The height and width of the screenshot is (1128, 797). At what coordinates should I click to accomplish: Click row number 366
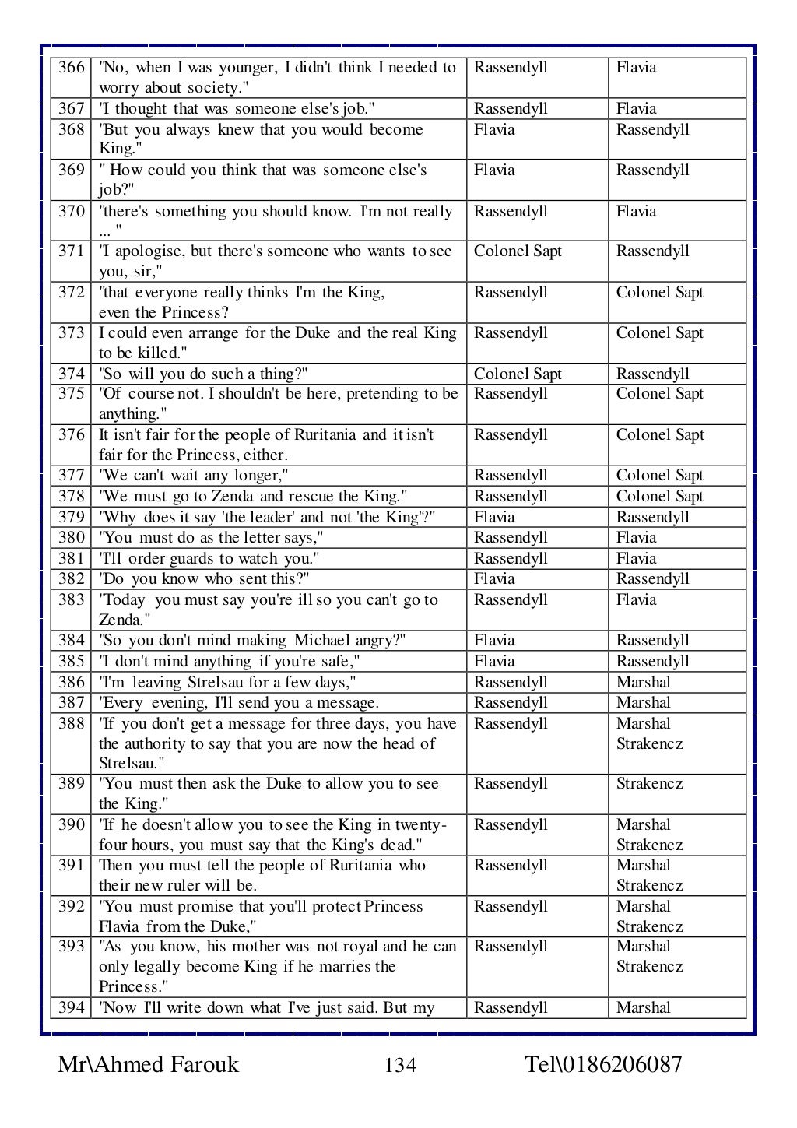[72, 68]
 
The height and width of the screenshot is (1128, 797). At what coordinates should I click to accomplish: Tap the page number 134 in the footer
[400, 1065]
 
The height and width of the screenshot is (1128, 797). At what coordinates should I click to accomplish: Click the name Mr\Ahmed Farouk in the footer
[148, 1064]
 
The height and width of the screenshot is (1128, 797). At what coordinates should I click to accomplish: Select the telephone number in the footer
[603, 1064]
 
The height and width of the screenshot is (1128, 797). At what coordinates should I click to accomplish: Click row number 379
[72, 518]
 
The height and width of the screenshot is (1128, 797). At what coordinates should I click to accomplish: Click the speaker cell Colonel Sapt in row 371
[518, 251]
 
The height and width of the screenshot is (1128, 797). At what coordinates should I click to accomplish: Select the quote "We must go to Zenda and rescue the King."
[253, 497]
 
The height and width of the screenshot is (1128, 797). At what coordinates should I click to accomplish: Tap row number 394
[72, 1008]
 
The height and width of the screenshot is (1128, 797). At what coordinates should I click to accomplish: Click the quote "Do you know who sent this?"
[205, 579]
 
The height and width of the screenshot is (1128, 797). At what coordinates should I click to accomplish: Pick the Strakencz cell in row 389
[649, 784]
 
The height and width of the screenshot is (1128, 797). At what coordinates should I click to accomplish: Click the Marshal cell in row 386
[643, 683]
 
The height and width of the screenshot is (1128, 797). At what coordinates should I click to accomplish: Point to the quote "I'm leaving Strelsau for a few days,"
[227, 683]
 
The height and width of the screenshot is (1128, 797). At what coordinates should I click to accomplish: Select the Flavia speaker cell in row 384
[494, 641]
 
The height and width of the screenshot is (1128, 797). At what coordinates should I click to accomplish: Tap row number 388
[72, 724]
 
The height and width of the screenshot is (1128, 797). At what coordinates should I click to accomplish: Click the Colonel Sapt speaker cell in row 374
[518, 374]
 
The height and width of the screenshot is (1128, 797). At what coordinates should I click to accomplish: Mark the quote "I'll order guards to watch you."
[209, 559]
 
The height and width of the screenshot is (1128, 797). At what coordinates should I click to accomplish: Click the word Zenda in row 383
[120, 620]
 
